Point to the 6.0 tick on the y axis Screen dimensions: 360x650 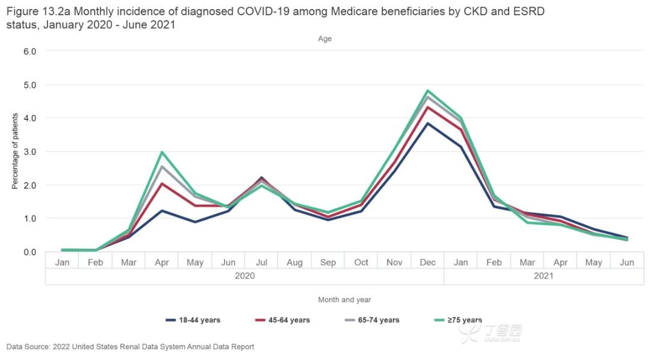pos(30,51)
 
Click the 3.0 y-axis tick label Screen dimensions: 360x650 pos(30,152)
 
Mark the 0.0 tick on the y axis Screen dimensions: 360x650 pos(30,252)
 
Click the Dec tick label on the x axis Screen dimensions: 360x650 pos(427,262)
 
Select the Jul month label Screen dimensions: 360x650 pos(261,262)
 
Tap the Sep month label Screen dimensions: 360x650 pos(328,262)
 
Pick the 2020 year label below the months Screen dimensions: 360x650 pos(244,276)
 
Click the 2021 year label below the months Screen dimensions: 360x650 pos(543,276)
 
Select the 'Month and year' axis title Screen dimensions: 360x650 pos(344,299)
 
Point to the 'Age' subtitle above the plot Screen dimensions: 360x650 pos(325,39)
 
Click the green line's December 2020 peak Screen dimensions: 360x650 pos(427,91)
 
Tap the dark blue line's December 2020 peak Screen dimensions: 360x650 pos(427,123)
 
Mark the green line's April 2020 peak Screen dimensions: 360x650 pos(162,152)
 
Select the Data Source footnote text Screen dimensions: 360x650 pos(130,347)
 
